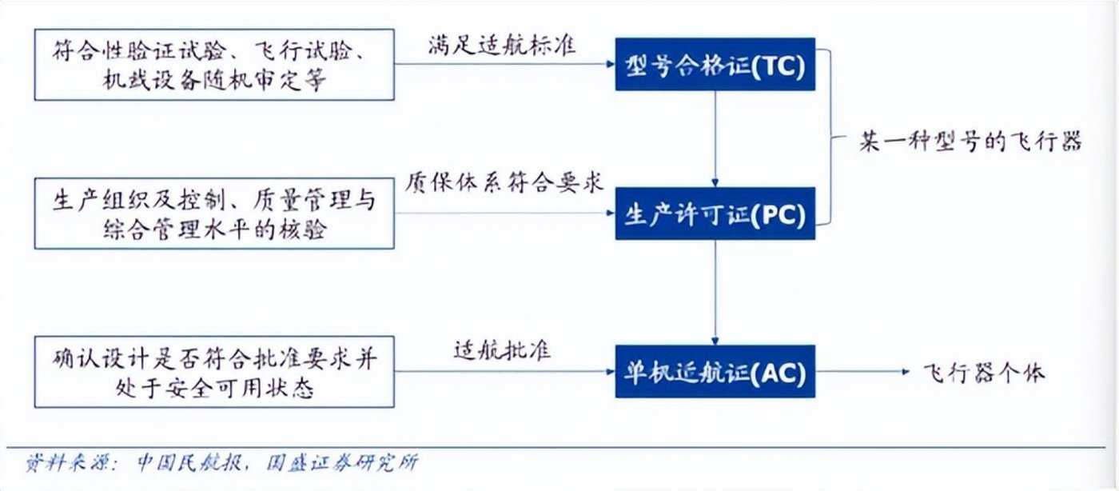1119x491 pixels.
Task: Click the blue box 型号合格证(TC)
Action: [715, 64]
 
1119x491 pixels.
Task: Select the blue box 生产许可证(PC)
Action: [715, 214]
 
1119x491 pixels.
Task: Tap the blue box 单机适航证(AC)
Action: [715, 371]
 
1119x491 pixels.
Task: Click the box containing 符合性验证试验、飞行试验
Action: [214, 65]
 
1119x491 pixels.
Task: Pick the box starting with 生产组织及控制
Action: [214, 214]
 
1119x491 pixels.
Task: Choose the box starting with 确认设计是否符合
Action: [214, 371]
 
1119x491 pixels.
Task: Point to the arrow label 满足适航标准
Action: [502, 46]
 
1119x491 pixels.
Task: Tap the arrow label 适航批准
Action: [502, 350]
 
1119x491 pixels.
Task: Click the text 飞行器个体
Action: [984, 372]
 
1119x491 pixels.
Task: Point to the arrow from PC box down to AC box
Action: [715, 292]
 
